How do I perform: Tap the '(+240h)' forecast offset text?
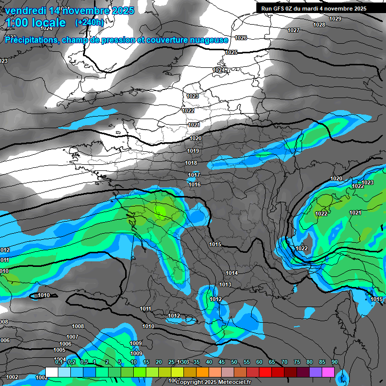pyautogui.click(x=89, y=22)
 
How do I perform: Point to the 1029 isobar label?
pyautogui.click(x=335, y=19)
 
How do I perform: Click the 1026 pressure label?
pyautogui.click(x=241, y=38)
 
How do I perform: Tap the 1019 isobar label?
pyautogui.click(x=192, y=151)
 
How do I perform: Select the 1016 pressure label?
pyautogui.click(x=195, y=184)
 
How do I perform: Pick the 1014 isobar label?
pyautogui.click(x=232, y=273)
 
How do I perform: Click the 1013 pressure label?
pyautogui.click(x=225, y=284)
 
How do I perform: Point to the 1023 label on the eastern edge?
pyautogui.click(x=367, y=182)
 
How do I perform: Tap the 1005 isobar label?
pyautogui.click(x=59, y=350)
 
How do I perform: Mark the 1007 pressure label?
pyautogui.click(x=72, y=337)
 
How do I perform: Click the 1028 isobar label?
pyautogui.click(x=319, y=25)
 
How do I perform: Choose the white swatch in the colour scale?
pyautogui.click(x=51, y=372)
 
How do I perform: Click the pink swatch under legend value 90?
pyautogui.click(x=328, y=372)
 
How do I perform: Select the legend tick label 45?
pyautogui.click(x=222, y=362)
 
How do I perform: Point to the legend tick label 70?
pyautogui.click(x=284, y=362)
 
